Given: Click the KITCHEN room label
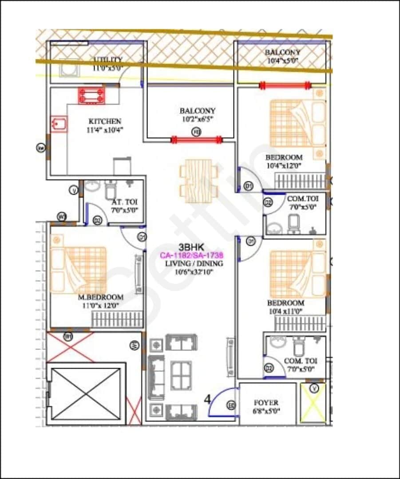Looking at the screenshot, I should click(105, 121).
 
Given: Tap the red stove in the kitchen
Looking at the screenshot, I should click(92, 96).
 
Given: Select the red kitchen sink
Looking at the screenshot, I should click(59, 124).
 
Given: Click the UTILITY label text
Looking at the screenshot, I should click(108, 60).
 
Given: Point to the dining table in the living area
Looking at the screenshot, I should click(198, 181).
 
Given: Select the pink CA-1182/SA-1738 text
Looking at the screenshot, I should click(191, 255).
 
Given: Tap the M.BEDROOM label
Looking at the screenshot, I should click(101, 297).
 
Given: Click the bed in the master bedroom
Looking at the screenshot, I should click(79, 270).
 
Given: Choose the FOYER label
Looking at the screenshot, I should click(266, 403).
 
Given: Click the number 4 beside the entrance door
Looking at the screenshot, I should click(207, 399).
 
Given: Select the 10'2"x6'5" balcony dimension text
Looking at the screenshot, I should click(198, 119).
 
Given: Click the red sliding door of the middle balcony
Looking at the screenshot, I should click(197, 140).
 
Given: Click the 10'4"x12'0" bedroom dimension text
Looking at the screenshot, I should click(284, 165).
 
